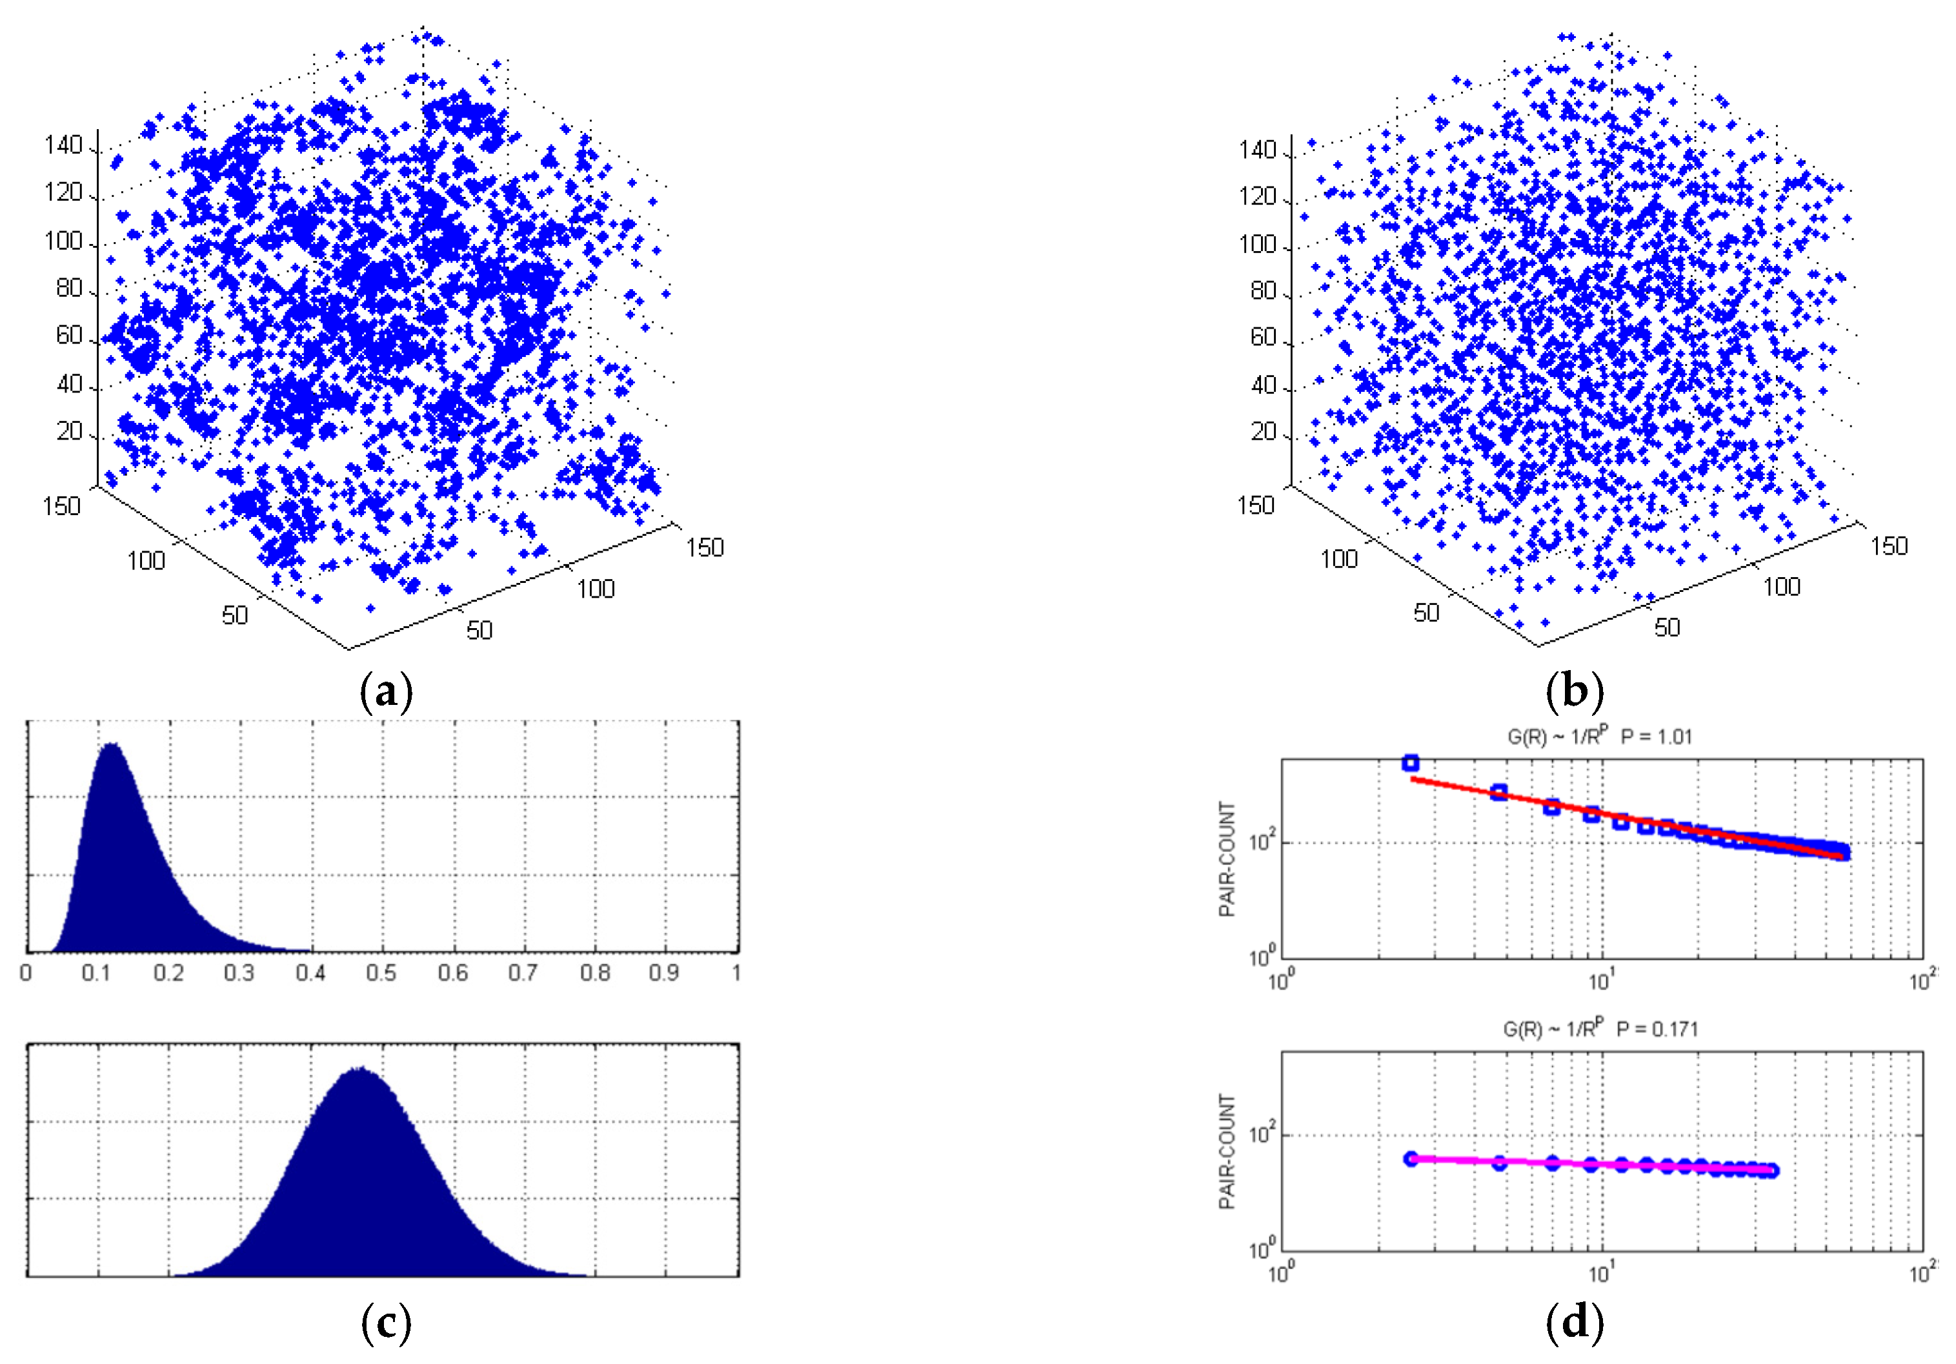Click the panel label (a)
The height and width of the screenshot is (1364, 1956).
[387, 693]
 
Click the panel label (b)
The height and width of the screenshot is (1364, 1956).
[1575, 693]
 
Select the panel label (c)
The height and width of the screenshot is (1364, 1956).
[387, 1324]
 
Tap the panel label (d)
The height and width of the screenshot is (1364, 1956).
[1575, 1324]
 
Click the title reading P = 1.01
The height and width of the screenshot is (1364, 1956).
[1656, 736]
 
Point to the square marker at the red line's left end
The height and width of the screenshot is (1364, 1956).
[1411, 762]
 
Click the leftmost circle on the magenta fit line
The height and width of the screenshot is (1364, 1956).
[1411, 1159]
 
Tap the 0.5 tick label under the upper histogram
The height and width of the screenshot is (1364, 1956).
[381, 972]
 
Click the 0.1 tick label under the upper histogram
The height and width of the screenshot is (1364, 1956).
[97, 972]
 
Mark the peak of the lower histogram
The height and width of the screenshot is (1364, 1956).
[359, 1068]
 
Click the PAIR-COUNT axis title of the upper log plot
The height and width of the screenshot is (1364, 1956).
[1227, 860]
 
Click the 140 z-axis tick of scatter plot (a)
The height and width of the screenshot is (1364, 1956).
[64, 146]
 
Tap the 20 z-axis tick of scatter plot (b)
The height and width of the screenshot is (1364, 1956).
[1264, 432]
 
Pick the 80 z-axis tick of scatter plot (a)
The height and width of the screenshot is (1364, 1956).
[70, 289]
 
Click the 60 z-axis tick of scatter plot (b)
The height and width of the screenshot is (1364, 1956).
[1264, 338]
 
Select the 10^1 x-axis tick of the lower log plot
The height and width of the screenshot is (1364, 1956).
[1602, 1273]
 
